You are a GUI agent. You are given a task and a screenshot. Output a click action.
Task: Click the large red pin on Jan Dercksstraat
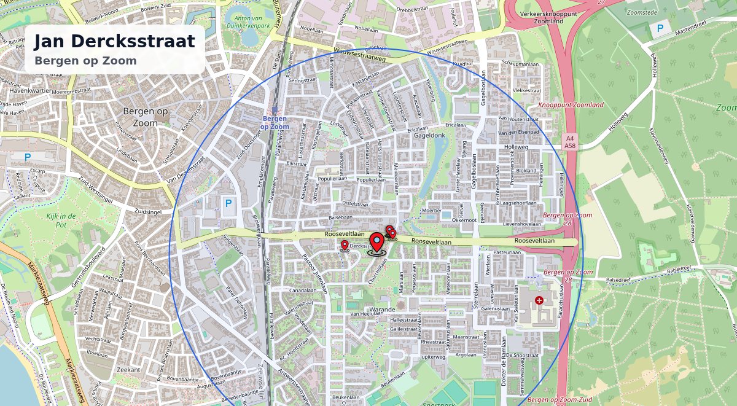376,243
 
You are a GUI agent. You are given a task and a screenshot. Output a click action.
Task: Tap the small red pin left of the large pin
345,246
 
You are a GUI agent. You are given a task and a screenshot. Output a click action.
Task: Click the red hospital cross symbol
539,300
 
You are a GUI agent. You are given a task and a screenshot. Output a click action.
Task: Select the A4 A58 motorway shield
570,142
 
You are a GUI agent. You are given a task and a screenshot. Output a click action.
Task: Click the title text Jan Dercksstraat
114,41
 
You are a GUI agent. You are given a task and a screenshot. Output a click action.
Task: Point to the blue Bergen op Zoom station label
275,122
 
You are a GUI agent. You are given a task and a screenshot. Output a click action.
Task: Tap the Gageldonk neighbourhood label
429,135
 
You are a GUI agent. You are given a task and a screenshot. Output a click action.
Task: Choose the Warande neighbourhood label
382,310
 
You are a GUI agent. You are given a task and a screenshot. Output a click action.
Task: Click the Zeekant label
128,370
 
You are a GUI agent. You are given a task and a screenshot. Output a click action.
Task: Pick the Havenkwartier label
30,90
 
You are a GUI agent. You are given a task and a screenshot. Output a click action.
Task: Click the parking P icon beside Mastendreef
660,28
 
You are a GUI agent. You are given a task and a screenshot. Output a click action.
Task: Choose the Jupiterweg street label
432,356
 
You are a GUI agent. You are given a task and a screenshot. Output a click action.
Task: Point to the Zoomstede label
643,11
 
